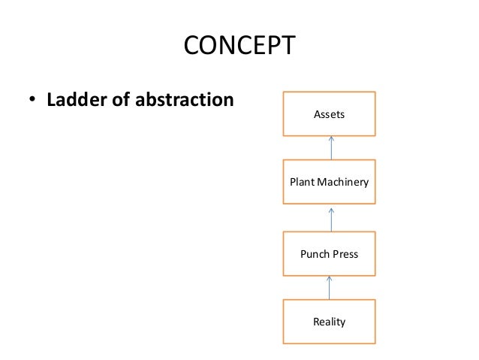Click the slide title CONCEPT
tap(239, 47)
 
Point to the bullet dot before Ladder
tap(33, 101)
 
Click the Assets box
tap(330, 114)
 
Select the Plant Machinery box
tap(330, 182)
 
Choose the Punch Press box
tap(330, 254)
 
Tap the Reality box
tap(330, 322)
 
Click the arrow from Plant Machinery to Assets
tap(330, 148)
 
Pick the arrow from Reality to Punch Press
tap(330, 288)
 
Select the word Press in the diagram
tap(345, 254)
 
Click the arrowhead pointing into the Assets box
tap(330, 139)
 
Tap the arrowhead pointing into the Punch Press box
tap(330, 279)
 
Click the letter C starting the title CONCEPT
tap(191, 47)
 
